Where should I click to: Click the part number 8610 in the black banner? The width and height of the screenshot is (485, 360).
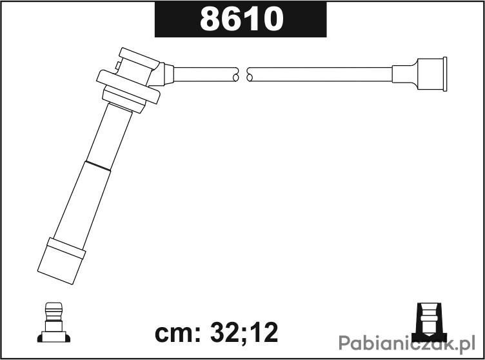[242, 19]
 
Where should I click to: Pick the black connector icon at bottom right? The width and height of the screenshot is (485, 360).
[430, 322]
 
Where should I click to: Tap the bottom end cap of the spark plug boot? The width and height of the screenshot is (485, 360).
[61, 261]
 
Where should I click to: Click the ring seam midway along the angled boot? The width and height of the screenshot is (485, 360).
[98, 166]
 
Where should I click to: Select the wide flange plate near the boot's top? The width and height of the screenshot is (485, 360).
[128, 87]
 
